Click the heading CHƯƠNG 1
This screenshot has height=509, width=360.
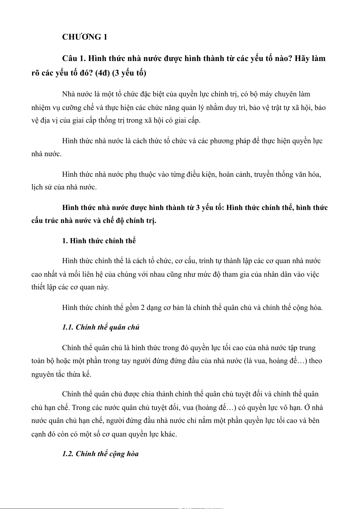coord(85,37)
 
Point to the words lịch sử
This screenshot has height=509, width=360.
coord(42,187)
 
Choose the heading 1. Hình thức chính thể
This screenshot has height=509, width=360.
coord(99,241)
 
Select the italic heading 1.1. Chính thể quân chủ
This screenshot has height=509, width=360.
coord(101,327)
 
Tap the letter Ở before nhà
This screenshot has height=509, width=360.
coord(307,408)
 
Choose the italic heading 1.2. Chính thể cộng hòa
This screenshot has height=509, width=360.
coord(100,454)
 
